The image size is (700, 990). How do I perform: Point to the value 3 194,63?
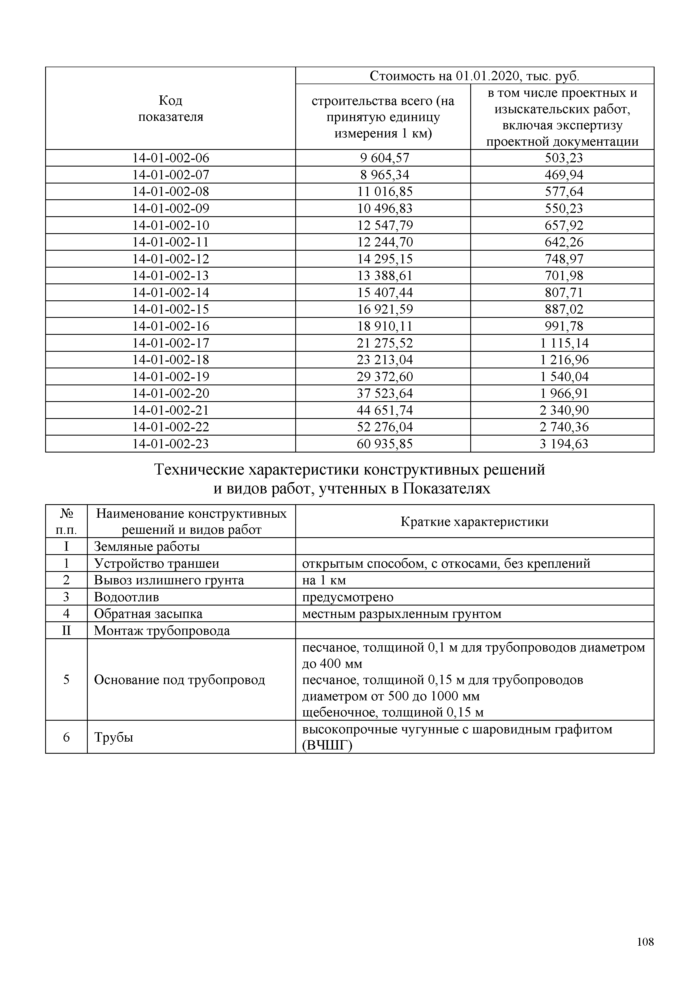coord(563,444)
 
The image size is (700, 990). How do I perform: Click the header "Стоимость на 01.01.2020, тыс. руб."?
coord(474,76)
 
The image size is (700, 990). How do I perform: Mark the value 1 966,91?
coord(563,393)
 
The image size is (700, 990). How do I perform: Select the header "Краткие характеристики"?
coord(474,522)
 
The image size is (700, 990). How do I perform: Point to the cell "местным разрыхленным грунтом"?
coord(401,614)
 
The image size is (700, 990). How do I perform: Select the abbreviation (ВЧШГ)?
coord(327,745)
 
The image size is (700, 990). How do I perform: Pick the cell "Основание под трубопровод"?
coord(179,680)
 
